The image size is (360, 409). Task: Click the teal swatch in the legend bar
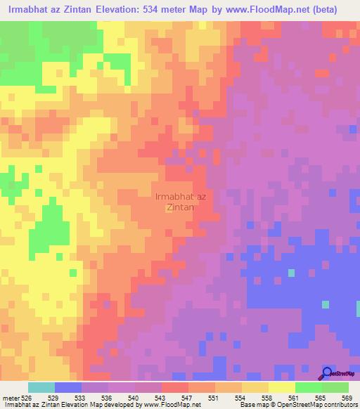point(41,387)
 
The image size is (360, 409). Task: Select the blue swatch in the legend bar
point(68,387)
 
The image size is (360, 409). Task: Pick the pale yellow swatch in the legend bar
point(282,387)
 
